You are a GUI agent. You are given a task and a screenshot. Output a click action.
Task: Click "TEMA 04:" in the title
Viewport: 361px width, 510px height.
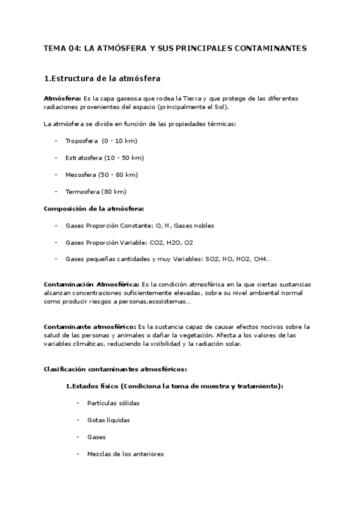(62, 48)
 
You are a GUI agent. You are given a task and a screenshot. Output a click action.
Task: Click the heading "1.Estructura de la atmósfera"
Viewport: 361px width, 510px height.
(102, 78)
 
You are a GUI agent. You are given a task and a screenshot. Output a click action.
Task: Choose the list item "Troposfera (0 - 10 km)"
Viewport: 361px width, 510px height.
(101, 141)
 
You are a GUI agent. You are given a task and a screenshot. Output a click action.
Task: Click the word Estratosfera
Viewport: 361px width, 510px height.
(83, 158)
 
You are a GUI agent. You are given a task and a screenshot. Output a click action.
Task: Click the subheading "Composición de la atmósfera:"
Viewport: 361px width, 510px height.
(94, 209)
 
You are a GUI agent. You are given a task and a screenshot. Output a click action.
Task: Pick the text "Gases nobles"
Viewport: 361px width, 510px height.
(194, 226)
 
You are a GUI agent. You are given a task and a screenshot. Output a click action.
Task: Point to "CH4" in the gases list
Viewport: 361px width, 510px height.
(259, 259)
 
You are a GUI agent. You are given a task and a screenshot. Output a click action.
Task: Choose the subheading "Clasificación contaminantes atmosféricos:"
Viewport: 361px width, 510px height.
(116, 369)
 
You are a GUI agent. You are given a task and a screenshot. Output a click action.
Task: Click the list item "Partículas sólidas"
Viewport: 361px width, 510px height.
(113, 403)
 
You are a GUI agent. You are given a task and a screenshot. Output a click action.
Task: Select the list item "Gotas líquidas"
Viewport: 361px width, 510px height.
(108, 420)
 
